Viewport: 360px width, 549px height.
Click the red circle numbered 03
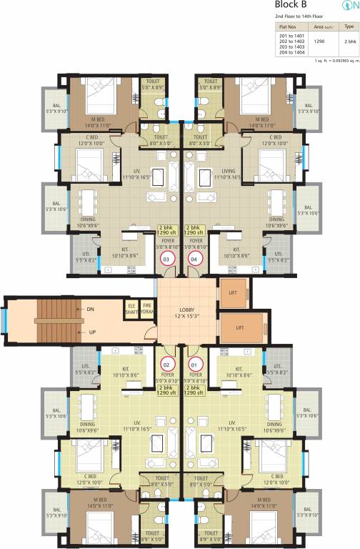(x=166, y=258)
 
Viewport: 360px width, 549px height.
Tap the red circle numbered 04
(x=195, y=258)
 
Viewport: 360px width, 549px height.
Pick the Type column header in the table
(x=348, y=26)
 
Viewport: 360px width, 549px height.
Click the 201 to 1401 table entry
(x=291, y=34)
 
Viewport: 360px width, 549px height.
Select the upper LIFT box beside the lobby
(x=234, y=293)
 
